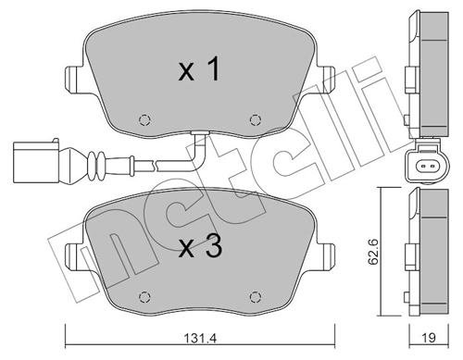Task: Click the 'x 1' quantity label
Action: click(198, 70)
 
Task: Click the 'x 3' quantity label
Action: click(198, 248)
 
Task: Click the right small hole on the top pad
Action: click(256, 119)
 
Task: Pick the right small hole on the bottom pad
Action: click(256, 297)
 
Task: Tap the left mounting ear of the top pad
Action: click(73, 79)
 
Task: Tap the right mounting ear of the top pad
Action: click(325, 79)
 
